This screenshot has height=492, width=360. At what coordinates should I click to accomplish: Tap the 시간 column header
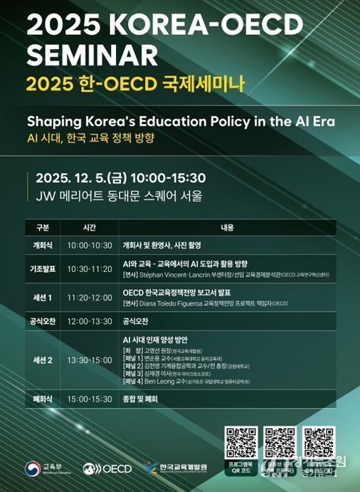(88, 229)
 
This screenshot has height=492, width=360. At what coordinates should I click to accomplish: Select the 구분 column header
(42, 229)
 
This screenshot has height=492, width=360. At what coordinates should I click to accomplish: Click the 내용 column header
(228, 229)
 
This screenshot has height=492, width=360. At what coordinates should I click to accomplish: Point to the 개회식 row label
(42, 244)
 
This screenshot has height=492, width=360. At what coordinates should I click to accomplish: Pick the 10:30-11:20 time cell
(89, 268)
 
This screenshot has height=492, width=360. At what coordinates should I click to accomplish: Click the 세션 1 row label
(42, 297)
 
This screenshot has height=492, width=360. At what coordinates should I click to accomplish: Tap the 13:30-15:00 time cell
(89, 360)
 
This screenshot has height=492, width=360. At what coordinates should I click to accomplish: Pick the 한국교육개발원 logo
(178, 468)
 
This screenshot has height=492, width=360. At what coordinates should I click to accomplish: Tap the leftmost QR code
(240, 441)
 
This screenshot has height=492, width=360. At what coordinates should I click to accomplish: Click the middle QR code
(279, 441)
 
